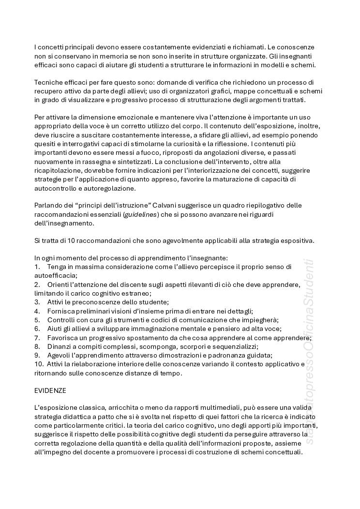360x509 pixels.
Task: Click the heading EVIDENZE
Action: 50,389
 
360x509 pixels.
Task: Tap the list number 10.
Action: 39,364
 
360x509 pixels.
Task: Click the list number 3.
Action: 37,302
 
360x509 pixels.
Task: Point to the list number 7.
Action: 37,338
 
